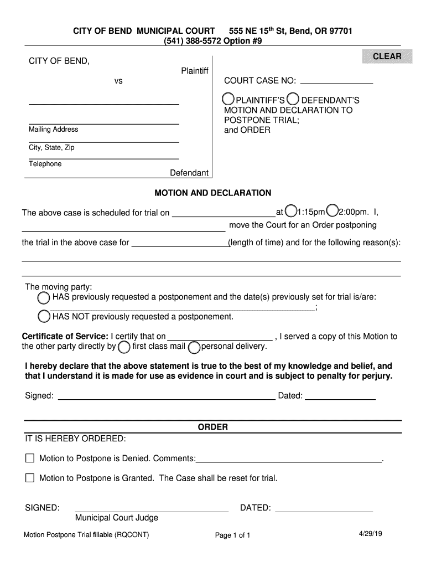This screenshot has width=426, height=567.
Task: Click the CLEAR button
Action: click(387, 56)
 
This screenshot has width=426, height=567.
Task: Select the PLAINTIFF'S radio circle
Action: click(227, 99)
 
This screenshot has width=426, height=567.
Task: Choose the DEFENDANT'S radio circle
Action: click(293, 99)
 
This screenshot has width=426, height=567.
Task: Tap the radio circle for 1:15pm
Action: click(290, 211)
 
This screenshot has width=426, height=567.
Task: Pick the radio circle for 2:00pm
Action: click(332, 211)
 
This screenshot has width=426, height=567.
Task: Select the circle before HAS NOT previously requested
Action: click(44, 317)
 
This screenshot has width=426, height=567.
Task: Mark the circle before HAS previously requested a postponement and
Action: click(44, 298)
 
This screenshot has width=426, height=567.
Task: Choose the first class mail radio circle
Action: click(124, 347)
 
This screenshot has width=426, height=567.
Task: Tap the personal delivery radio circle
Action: click(194, 347)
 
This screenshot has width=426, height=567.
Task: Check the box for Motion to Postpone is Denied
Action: click(30, 458)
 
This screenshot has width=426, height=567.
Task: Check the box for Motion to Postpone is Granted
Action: click(30, 478)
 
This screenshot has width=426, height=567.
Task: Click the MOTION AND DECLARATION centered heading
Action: click(212, 193)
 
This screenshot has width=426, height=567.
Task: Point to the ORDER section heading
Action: click(213, 427)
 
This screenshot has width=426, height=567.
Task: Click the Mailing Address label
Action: click(53, 130)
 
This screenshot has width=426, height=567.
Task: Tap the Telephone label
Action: click(45, 164)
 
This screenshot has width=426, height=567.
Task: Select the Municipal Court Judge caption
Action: click(117, 518)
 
